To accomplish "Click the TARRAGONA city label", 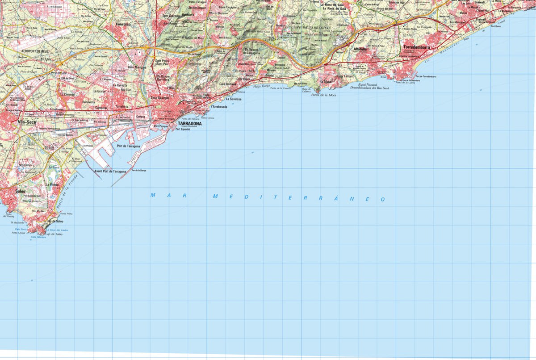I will tap(189, 123).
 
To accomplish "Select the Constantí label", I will tap(123, 24).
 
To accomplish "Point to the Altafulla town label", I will tap(360, 49).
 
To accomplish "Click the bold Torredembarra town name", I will tap(416, 47).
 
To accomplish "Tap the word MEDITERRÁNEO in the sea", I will tap(298, 197).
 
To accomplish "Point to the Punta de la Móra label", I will tap(323, 95).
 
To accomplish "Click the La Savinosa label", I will tap(234, 99).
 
